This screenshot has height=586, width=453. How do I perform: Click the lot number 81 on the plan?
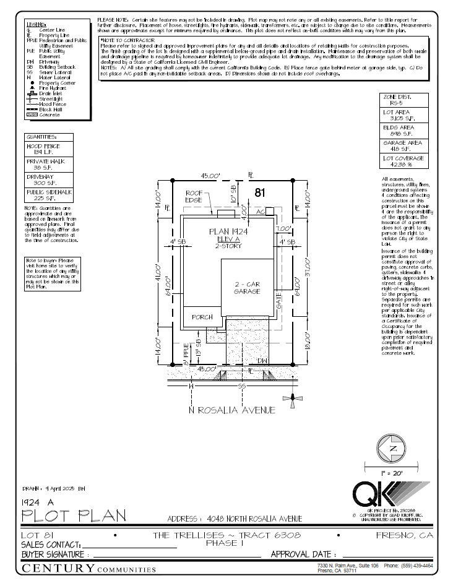[261, 193]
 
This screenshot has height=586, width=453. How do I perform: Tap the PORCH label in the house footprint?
[202, 317]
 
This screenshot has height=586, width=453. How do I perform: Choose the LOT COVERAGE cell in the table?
[403, 161]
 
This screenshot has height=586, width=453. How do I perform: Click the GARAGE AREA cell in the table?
[403, 145]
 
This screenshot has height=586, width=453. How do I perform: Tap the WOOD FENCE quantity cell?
[49, 149]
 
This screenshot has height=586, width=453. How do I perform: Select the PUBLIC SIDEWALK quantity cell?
[49, 195]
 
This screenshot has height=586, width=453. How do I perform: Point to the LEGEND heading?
[37, 24]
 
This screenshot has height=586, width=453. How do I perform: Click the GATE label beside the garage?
[280, 302]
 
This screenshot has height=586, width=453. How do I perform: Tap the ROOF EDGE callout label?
[194, 196]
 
